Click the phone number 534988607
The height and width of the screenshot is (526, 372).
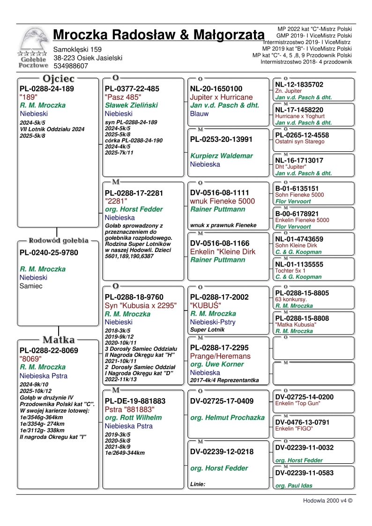click(70, 66)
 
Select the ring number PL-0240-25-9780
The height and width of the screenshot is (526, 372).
click(49, 253)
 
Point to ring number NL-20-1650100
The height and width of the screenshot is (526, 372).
click(216, 89)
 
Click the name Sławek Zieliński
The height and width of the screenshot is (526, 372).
click(131, 105)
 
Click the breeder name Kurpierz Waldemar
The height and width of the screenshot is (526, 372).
click(221, 156)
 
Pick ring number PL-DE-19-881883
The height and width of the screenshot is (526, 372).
click(135, 401)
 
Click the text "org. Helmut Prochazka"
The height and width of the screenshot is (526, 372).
click(227, 418)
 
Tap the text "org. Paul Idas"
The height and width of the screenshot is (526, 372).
click(293, 486)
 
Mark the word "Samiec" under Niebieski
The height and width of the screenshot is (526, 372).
click(31, 286)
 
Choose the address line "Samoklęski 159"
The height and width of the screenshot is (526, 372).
click(77, 49)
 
